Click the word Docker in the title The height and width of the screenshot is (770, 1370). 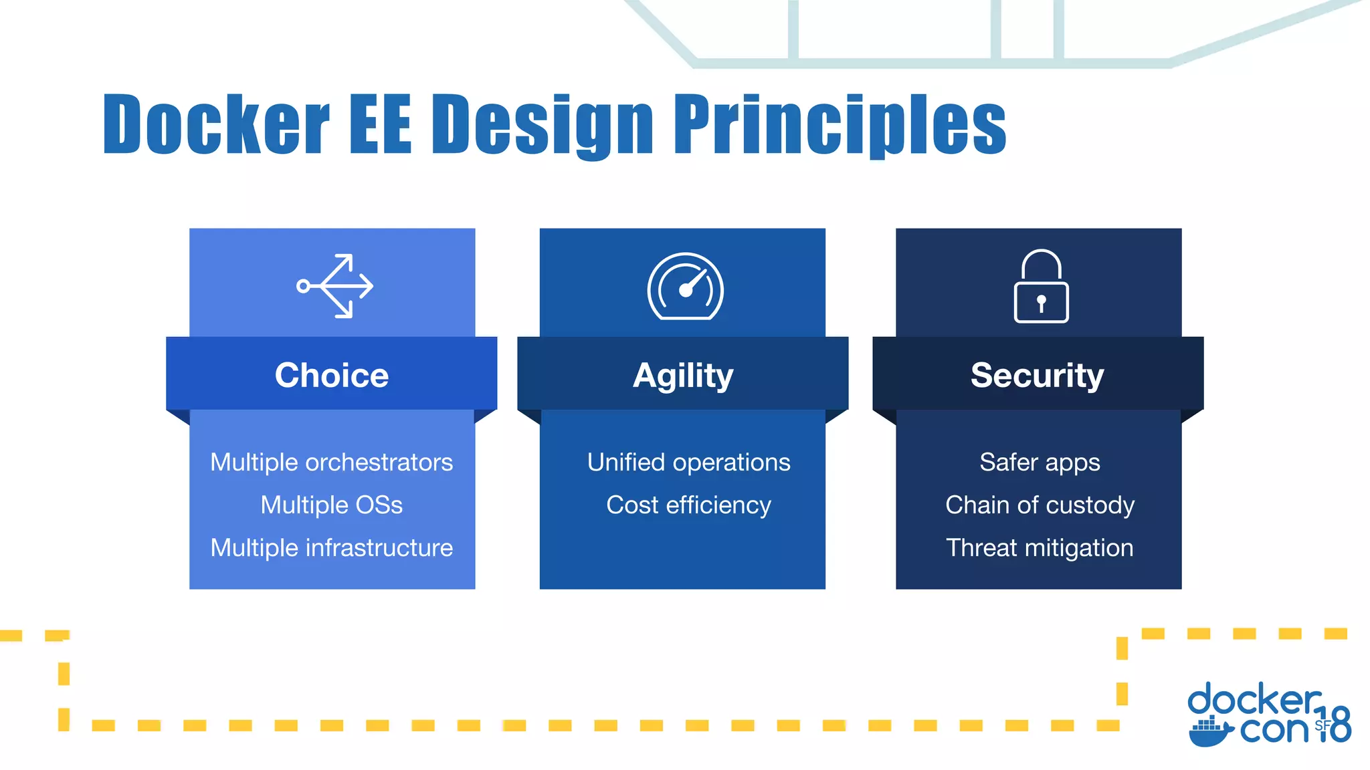pos(215,124)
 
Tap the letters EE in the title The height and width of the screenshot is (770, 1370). pos(380,124)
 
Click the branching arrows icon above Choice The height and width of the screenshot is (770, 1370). pos(335,286)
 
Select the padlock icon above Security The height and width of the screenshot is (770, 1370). pos(1041,287)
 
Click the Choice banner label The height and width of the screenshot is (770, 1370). pos(332,375)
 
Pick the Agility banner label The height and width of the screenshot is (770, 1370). pos(683,376)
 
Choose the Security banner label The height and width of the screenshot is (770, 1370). pos(1037,376)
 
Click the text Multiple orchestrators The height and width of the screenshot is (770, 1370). pos(332,463)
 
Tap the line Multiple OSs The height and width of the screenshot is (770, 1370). pos(332,505)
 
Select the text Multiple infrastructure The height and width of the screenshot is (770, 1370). pos(332,548)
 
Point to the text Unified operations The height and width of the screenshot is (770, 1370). pos(688,463)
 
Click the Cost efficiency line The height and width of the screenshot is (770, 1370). pos(688,505)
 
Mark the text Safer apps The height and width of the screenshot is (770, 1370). pos(1040,463)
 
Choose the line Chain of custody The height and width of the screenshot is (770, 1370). pos(1040,505)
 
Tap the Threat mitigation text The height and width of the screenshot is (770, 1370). pos(1040,548)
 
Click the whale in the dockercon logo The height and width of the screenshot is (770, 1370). pos(1210,732)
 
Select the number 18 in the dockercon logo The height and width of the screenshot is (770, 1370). pos(1335,725)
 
